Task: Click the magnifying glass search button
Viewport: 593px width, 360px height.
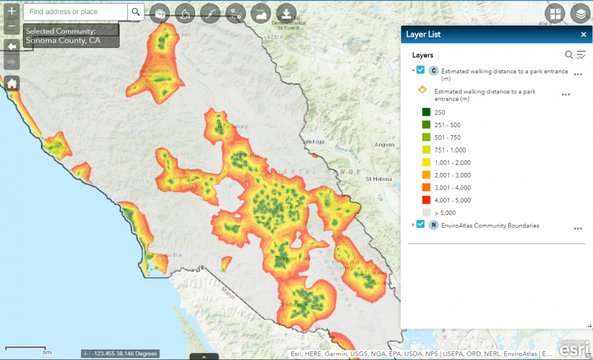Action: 136,12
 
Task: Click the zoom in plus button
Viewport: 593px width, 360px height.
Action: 12,12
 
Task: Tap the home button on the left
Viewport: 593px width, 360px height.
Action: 12,83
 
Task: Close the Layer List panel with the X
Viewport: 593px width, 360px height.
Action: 583,35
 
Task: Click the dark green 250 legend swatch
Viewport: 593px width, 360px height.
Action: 426,112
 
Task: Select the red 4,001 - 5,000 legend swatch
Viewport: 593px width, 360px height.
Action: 426,200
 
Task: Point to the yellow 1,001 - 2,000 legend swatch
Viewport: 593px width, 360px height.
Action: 426,162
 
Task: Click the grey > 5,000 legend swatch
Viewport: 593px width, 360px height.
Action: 426,212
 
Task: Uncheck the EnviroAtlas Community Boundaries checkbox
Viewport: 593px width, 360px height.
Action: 421,225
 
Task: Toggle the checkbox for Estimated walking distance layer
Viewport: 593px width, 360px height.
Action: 421,70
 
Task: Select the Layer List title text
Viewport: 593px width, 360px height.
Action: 423,35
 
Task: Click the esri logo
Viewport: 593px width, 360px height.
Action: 574,350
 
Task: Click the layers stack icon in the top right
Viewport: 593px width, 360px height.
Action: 579,14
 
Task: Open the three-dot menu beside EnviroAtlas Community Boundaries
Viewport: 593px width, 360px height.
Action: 578,228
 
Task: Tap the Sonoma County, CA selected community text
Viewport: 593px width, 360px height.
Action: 63,41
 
